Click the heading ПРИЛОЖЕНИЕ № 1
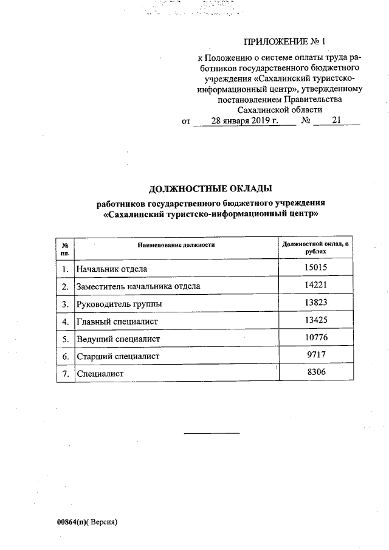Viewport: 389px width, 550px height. coord(284,42)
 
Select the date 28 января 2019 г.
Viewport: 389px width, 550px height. coord(244,121)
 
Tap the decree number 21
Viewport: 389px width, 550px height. coord(336,121)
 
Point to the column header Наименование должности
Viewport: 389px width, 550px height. coord(176,244)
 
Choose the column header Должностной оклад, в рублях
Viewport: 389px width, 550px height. coord(317,247)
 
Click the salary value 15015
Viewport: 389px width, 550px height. coord(317,267)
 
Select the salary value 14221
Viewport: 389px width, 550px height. coord(317,285)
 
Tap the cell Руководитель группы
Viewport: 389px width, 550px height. coord(119,303)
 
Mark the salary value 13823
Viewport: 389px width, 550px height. coord(317,303)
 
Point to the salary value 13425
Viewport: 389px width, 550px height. coord(317,320)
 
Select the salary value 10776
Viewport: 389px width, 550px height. coord(317,338)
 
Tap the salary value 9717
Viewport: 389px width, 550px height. coord(317,355)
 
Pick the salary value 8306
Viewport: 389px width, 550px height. coord(317,373)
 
